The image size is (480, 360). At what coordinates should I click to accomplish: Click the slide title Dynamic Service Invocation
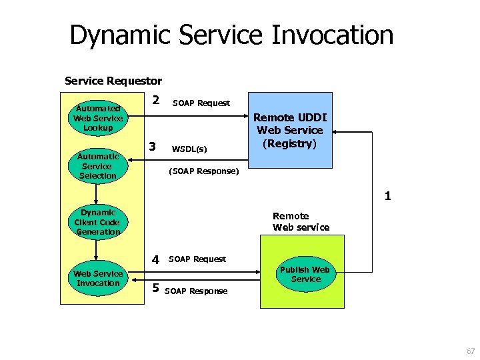pyautogui.click(x=231, y=35)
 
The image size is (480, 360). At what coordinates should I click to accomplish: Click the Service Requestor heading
pyautogui.click(x=113, y=81)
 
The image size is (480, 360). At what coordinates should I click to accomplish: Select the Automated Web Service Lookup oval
pyautogui.click(x=97, y=118)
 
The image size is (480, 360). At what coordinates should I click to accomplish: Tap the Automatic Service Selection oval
pyautogui.click(x=97, y=166)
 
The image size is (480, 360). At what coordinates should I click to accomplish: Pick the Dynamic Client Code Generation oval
pyautogui.click(x=97, y=222)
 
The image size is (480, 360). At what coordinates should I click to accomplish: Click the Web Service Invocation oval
pyautogui.click(x=98, y=278)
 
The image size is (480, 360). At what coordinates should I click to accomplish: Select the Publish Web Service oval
pyautogui.click(x=305, y=274)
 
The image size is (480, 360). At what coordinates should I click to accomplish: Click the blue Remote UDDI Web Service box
pyautogui.click(x=289, y=129)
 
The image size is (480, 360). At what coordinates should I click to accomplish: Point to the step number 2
pyautogui.click(x=155, y=100)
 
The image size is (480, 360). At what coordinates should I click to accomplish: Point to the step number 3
pyautogui.click(x=153, y=146)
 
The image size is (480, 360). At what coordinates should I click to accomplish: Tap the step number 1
pyautogui.click(x=387, y=197)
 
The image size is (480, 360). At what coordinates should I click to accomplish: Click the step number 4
pyautogui.click(x=155, y=259)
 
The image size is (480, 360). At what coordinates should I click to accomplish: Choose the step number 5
pyautogui.click(x=155, y=288)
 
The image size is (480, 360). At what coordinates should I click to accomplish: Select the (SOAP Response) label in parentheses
pyautogui.click(x=203, y=171)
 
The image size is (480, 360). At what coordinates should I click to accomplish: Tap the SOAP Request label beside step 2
pyautogui.click(x=201, y=103)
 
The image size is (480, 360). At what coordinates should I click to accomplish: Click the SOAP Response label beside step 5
pyautogui.click(x=195, y=291)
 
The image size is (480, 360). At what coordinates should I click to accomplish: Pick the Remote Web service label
pyautogui.click(x=301, y=221)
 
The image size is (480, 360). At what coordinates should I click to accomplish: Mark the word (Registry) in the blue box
pyautogui.click(x=289, y=143)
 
